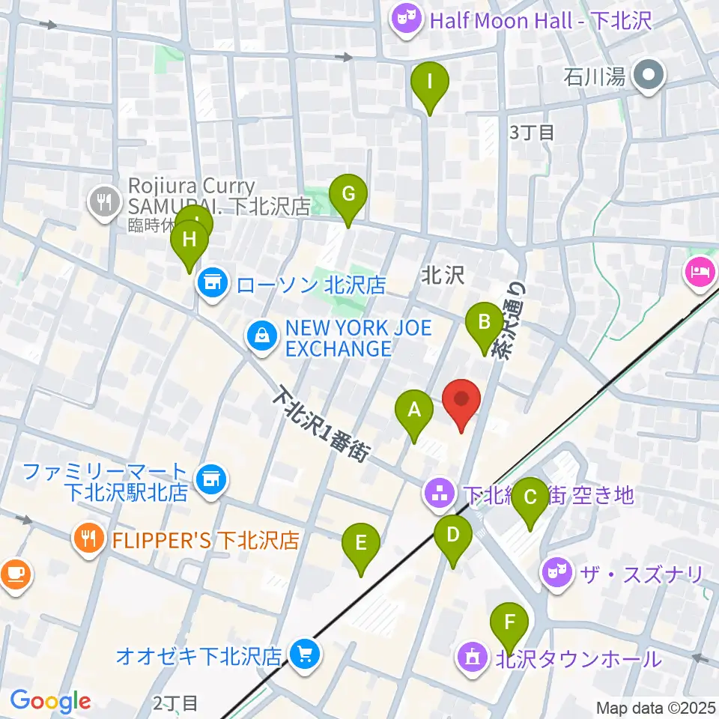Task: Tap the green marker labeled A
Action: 413,412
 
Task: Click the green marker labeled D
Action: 453,536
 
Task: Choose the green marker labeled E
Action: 361,544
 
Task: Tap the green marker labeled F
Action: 509,624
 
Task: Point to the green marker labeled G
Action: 348,196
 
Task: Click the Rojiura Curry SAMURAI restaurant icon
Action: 100,200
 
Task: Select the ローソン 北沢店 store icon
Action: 212,284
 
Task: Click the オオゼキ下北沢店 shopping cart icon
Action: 305,655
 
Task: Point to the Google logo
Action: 50,701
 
